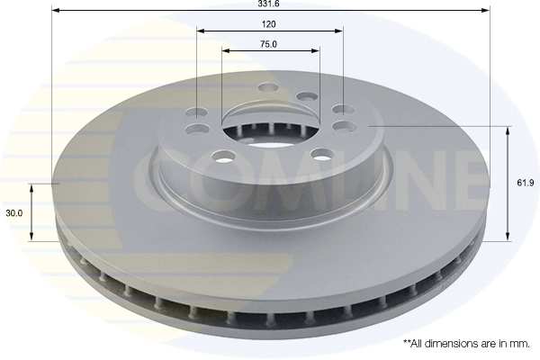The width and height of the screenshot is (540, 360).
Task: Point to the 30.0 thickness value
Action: point(13,213)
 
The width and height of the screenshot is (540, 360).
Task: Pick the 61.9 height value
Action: point(526,184)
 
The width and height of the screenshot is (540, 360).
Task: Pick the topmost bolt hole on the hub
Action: point(267,88)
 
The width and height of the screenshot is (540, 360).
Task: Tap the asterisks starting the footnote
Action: point(406,343)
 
